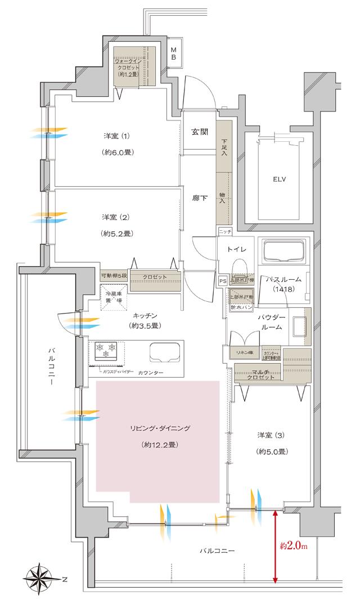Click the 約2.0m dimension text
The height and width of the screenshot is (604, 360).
coord(294,545)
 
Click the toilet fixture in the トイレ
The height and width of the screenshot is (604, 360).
coord(239,267)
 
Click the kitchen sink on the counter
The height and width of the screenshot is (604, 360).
coord(163,353)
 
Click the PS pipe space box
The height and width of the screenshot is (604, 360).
coord(222,280)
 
